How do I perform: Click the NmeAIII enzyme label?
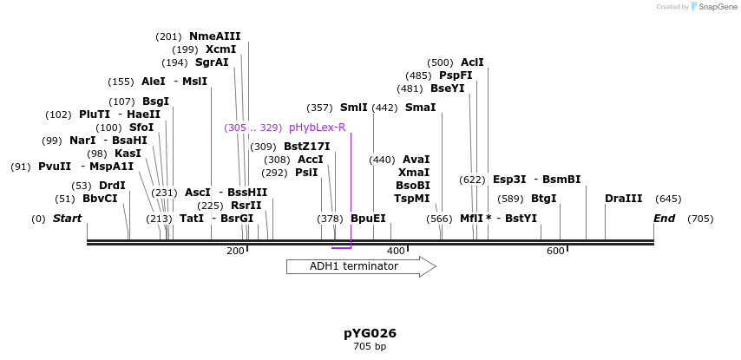[x=214, y=36]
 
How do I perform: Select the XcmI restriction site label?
[x=220, y=49]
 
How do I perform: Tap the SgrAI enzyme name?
[x=212, y=62]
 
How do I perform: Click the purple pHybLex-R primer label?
[x=317, y=128]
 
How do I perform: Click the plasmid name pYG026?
[x=370, y=333]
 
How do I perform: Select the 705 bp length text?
[x=370, y=347]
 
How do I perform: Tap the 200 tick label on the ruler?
[x=235, y=252]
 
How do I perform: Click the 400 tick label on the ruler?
[x=396, y=252]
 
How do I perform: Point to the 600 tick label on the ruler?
[x=555, y=252]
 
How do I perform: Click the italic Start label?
[x=67, y=219]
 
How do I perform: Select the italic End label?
[x=664, y=219]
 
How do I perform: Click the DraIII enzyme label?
[x=623, y=199]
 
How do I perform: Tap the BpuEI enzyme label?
[x=368, y=219]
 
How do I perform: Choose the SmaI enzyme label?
[x=420, y=108]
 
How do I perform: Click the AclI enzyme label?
[x=472, y=62]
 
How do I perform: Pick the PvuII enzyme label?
[x=55, y=167]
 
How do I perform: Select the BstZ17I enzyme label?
[x=306, y=147]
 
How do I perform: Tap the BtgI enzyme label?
[x=543, y=199]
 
